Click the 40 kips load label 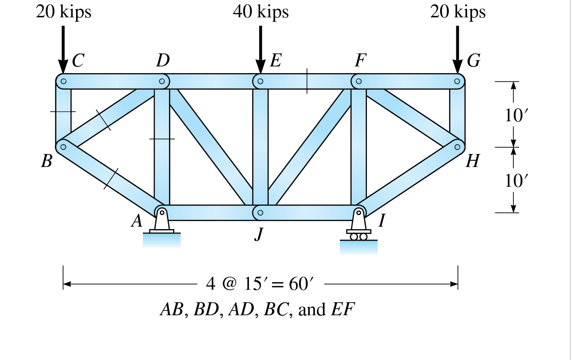click(260, 12)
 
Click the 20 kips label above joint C click(64, 12)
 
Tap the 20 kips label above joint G click(458, 12)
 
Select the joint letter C click(78, 61)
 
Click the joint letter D click(163, 61)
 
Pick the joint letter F click(360, 61)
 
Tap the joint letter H click(472, 161)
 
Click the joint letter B click(46, 161)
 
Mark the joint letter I click(382, 220)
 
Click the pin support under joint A click(162, 223)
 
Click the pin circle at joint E click(260, 81)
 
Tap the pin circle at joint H click(457, 145)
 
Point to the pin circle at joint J click(260, 212)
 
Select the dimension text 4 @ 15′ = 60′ click(260, 284)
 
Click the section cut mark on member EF click(307, 81)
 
